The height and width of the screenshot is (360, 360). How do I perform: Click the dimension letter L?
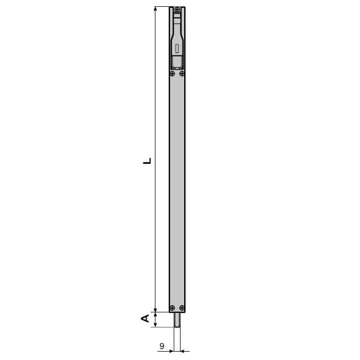click(147, 161)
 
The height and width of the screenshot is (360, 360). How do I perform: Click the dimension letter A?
click(145, 319)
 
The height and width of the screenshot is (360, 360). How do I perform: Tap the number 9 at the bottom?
click(162, 346)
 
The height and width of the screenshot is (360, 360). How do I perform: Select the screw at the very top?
click(177, 9)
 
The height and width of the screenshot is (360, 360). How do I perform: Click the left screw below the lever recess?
click(172, 74)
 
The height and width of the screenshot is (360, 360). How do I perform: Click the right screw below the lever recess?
click(182, 74)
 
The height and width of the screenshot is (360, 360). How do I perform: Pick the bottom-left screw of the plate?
click(172, 308)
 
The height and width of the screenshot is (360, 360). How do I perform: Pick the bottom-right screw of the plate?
click(182, 308)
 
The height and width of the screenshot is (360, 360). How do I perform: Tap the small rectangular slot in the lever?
click(177, 48)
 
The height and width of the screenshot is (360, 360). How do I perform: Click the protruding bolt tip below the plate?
click(177, 320)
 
